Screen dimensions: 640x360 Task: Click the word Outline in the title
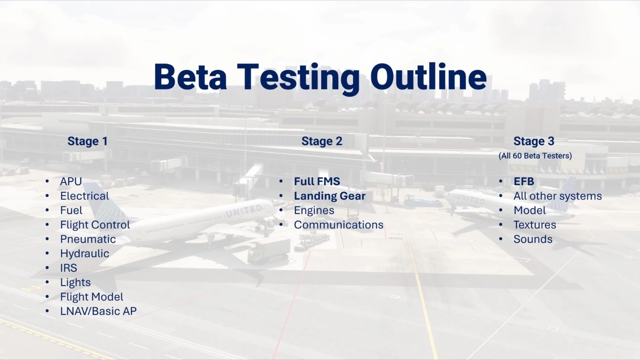click(428, 78)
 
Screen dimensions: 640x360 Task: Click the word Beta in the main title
click(190, 78)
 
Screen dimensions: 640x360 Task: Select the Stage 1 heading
click(87, 141)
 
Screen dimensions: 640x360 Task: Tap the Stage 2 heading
click(322, 141)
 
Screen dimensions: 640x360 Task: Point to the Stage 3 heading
click(534, 141)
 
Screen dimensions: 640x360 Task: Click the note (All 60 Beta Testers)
click(535, 156)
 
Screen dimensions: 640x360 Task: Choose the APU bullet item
click(71, 181)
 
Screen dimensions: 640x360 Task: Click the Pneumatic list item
click(88, 239)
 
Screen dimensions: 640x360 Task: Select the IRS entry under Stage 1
click(69, 268)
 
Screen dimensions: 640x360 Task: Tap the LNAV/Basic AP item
click(98, 311)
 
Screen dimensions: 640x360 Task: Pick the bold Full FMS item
click(317, 181)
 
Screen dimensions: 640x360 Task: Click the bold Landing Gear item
click(330, 196)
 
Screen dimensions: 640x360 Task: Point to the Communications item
click(339, 225)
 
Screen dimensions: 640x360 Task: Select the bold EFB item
click(524, 181)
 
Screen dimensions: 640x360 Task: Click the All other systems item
click(558, 196)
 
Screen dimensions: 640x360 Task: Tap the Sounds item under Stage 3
click(533, 239)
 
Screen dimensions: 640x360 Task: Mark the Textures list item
click(535, 225)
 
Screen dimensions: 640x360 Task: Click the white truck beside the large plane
click(268, 250)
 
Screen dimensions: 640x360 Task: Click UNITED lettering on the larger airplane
click(244, 211)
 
